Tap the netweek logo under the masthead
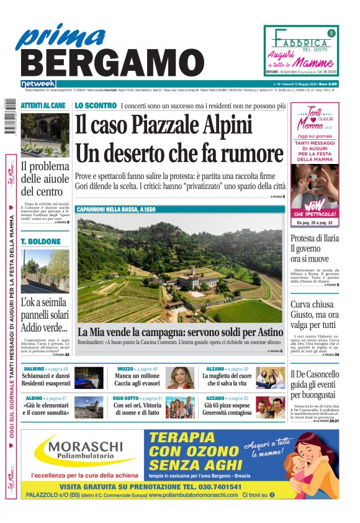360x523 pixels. pyautogui.click(x=38, y=83)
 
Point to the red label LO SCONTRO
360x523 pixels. pyautogui.click(x=96, y=106)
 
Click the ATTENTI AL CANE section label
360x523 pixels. pyautogui.click(x=43, y=106)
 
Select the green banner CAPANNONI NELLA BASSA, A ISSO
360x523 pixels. pyautogui.click(x=116, y=210)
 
